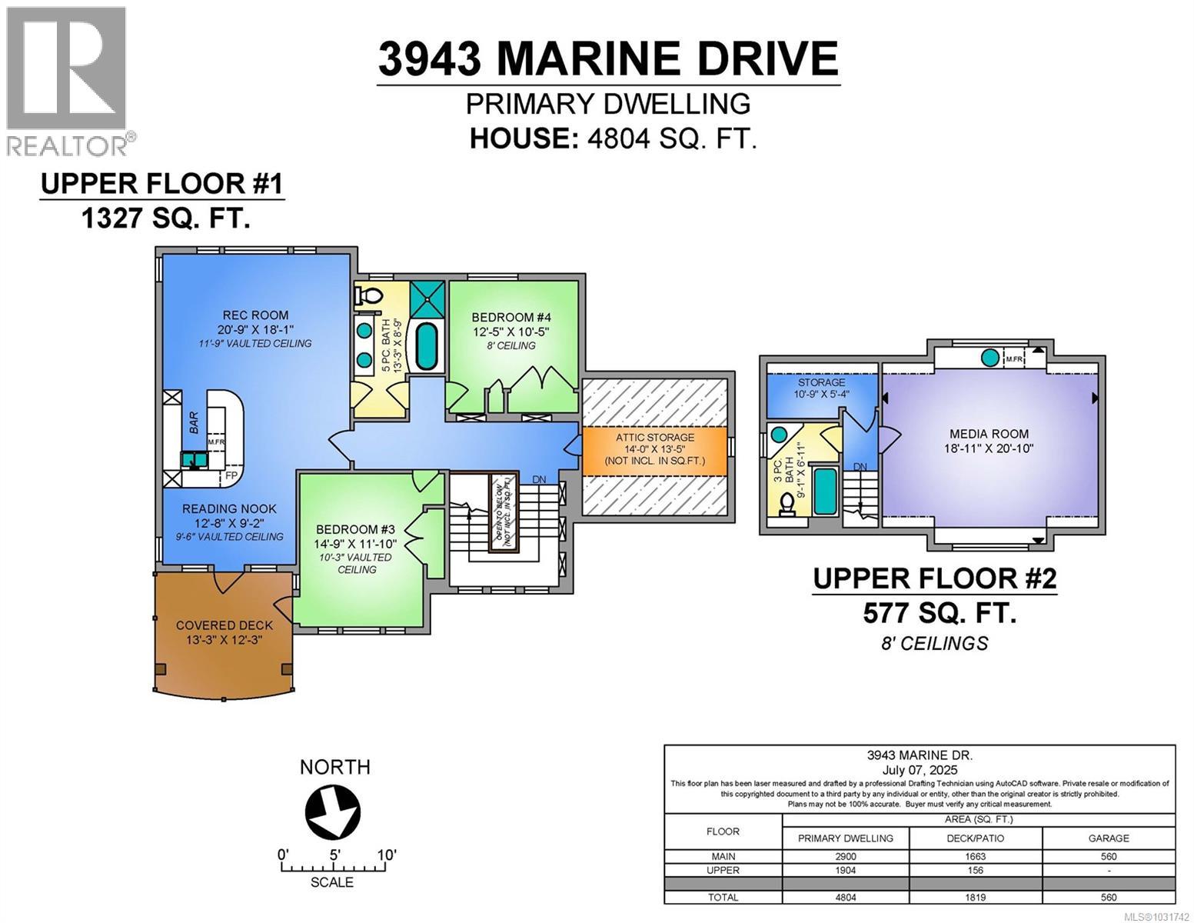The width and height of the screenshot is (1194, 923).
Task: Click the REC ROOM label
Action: [255, 315]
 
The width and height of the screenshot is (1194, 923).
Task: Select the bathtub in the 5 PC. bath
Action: [426, 346]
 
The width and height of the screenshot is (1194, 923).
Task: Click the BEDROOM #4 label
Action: [511, 317]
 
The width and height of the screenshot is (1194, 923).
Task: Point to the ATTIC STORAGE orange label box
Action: [654, 450]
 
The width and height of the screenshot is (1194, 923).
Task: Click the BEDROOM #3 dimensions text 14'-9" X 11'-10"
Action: [356, 543]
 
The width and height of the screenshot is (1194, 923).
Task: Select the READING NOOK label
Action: [229, 508]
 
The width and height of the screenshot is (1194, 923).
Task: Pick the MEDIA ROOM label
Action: [989, 434]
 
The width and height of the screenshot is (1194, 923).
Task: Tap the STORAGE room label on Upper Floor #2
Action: [821, 382]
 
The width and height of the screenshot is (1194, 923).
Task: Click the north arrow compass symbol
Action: [332, 811]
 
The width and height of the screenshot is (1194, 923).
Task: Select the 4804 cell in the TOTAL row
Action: [845, 897]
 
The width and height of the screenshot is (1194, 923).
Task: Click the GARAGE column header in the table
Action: [1108, 838]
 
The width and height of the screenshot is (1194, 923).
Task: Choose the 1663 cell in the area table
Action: [975, 856]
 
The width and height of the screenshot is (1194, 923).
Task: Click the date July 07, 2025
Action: [920, 770]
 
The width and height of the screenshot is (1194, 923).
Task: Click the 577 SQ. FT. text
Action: [940, 613]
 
